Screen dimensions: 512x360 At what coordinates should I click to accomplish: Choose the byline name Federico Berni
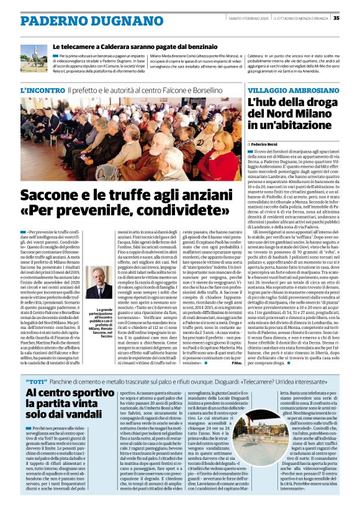click(268, 143)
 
